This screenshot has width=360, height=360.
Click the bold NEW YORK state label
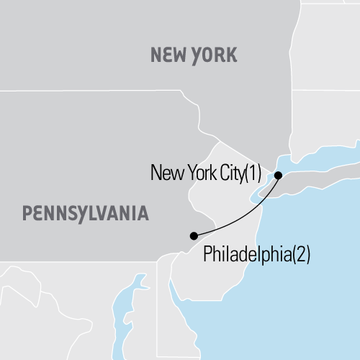(x=192, y=55)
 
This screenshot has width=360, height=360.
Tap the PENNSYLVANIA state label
(x=85, y=212)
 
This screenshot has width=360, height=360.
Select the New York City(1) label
(x=206, y=173)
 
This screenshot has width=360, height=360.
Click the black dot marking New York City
(x=279, y=174)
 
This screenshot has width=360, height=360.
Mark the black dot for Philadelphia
(x=193, y=235)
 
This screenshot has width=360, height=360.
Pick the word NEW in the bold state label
(x=165, y=55)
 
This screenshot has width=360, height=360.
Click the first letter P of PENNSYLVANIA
(x=27, y=212)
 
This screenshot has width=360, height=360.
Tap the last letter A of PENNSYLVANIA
(x=143, y=212)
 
